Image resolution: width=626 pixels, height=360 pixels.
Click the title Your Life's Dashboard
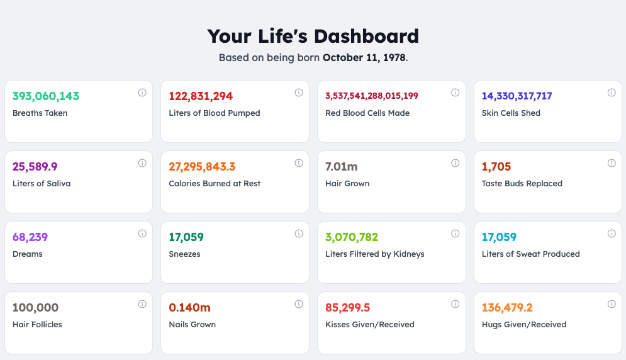point(313,36)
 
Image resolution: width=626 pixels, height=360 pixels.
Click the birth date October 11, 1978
point(364,58)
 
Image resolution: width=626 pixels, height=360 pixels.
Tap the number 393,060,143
point(46,96)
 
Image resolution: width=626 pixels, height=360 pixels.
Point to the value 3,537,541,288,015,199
point(372,96)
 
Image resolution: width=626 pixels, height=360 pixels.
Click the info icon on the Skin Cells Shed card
point(612,93)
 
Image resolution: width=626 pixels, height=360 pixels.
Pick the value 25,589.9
point(35,167)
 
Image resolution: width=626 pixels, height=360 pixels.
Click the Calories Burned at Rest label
point(215,184)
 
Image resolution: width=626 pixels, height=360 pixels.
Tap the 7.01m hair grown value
point(342,167)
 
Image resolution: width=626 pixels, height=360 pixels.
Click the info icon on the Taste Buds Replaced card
point(612,163)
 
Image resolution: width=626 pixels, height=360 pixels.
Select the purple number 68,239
point(30,237)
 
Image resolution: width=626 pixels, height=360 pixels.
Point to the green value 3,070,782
point(352,237)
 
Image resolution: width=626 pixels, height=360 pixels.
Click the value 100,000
point(36,308)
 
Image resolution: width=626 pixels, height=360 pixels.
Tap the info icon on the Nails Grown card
point(299,304)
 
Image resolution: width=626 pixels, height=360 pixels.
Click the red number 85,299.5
point(348,308)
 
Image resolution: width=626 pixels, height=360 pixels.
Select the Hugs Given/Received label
point(524,325)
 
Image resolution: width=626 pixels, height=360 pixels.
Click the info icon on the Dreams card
point(142,233)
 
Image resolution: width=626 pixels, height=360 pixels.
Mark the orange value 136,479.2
point(507,308)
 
